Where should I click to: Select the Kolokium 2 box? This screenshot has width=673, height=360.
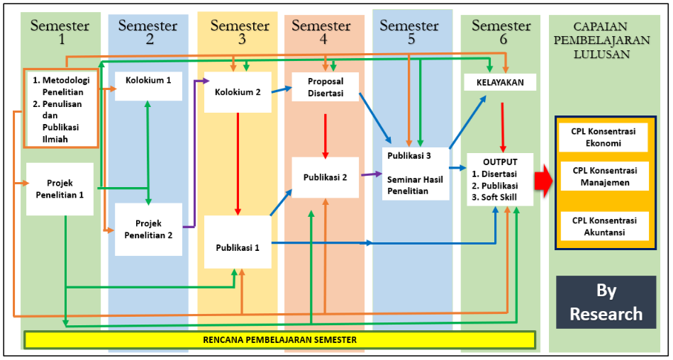[x=238, y=91]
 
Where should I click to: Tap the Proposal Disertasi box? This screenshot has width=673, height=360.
[x=325, y=86]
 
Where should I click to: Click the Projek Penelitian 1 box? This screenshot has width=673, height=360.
[x=60, y=189]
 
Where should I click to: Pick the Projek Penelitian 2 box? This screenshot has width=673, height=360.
[x=148, y=230]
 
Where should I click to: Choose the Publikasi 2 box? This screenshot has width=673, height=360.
[x=325, y=177]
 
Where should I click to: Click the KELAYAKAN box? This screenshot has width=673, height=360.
[x=499, y=83]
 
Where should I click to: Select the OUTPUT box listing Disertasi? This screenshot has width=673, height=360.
[x=499, y=179]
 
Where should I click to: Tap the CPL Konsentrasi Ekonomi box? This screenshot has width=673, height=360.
[x=604, y=137]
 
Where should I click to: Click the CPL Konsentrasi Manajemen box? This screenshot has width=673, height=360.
[x=604, y=176]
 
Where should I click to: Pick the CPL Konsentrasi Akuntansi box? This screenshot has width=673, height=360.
[x=604, y=225]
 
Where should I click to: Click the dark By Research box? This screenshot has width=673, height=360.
[x=606, y=302]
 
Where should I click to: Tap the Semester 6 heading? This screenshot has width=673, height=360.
[x=501, y=33]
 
